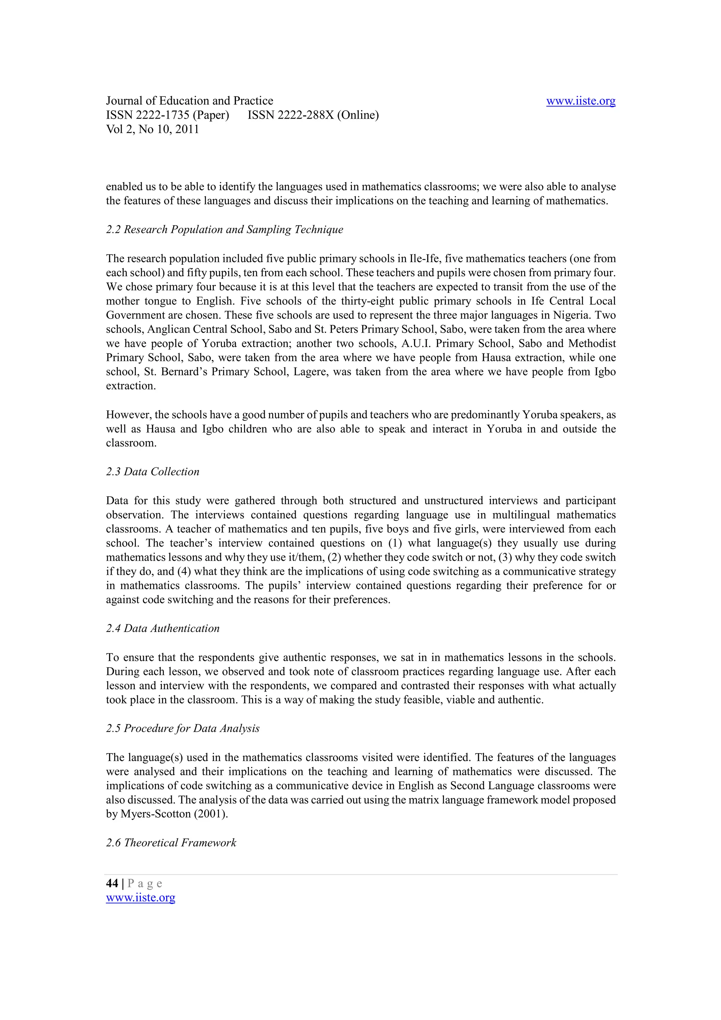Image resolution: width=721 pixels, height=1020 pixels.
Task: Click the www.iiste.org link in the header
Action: click(x=580, y=101)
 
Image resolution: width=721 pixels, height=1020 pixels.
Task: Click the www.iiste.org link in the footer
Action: click(x=140, y=898)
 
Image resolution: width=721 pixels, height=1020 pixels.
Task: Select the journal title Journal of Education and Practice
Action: click(x=189, y=101)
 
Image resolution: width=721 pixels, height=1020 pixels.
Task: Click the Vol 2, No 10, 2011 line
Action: click(x=152, y=129)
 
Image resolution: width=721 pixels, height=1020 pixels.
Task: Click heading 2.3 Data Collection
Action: click(x=152, y=472)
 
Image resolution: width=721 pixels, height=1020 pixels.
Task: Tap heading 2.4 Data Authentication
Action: click(x=163, y=629)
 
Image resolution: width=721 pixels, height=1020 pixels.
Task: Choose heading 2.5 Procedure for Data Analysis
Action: click(x=183, y=729)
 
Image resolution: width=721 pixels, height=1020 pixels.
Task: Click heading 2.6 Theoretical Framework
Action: click(x=171, y=843)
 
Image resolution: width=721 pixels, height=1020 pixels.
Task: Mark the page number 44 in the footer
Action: click(x=112, y=884)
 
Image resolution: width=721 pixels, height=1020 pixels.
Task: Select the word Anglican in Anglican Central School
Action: click(x=168, y=329)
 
